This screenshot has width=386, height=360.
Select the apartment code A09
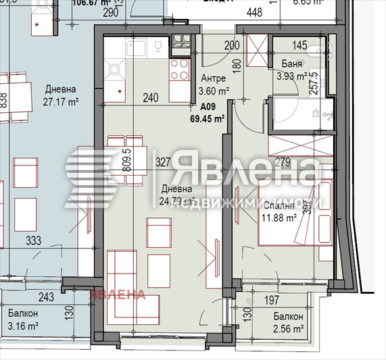pos(208,107)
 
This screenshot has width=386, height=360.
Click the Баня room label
pos(291,64)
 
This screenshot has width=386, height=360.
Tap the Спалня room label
pos(279,205)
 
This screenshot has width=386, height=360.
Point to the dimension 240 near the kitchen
pos(151,97)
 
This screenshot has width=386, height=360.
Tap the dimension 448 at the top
pos(254,12)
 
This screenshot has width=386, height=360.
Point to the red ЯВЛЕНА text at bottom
pos(119,294)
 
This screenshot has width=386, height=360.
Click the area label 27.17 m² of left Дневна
pos(61,101)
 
